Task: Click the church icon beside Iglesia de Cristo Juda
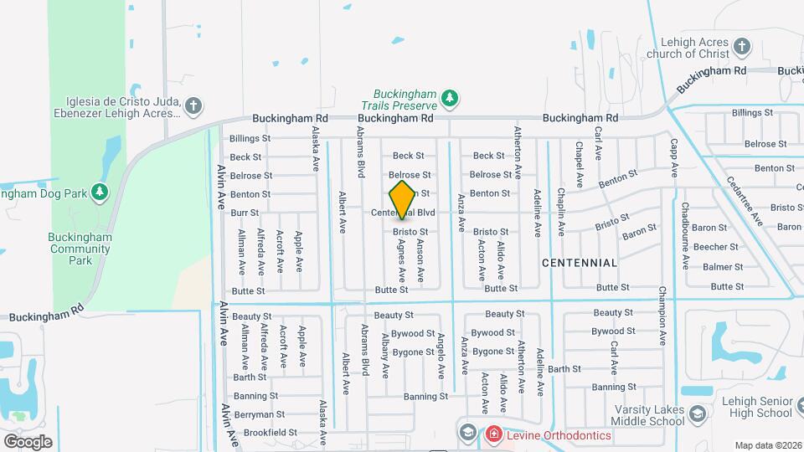[x=193, y=105]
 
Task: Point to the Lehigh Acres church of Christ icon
[x=741, y=45]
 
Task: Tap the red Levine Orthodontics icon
[x=493, y=434]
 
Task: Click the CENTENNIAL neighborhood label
[x=580, y=263]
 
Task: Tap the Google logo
[x=28, y=441]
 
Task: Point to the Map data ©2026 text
[x=768, y=445]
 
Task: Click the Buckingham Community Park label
[x=80, y=249]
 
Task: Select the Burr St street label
[x=245, y=213]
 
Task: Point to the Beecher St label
[x=715, y=247]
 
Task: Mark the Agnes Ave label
[x=402, y=261]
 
